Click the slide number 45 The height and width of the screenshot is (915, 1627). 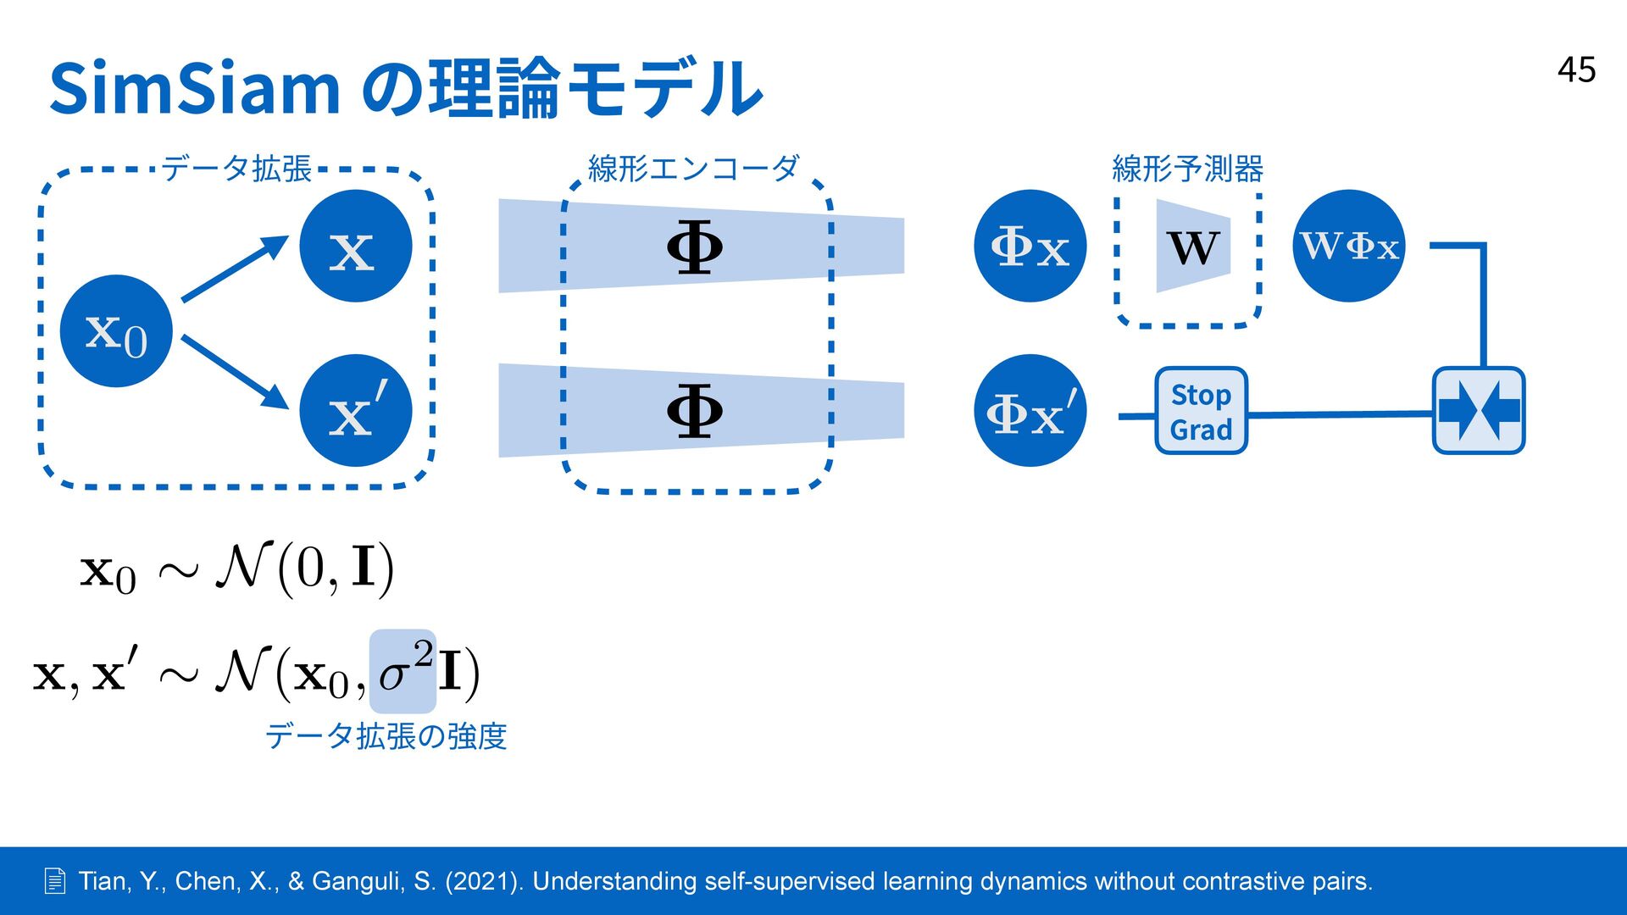pos(1576,70)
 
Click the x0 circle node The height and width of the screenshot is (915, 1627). pos(116,331)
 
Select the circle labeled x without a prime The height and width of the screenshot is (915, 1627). pos(355,246)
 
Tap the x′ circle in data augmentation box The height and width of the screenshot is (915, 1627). pos(355,410)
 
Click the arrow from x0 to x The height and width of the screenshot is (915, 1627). pos(235,269)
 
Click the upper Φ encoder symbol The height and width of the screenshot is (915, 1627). pos(694,247)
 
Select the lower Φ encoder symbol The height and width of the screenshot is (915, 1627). pos(694,411)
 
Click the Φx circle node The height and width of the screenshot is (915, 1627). pos(1030,246)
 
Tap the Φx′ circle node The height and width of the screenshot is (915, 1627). pos(1030,410)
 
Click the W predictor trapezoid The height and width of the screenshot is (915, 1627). pos(1192,247)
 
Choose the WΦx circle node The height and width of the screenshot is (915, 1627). pos(1348,246)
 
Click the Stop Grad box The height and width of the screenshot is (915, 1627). pos(1201,411)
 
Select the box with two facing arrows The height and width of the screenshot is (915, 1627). pos(1478,411)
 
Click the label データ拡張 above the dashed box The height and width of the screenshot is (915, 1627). pos(236,169)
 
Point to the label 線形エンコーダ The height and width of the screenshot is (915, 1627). pos(693,169)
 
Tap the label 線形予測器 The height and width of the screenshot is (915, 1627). pos(1187,169)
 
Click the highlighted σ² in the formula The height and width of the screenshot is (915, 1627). pos(404,671)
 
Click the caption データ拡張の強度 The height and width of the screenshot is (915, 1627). pos(386,735)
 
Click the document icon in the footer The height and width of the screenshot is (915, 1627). pos(55,881)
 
